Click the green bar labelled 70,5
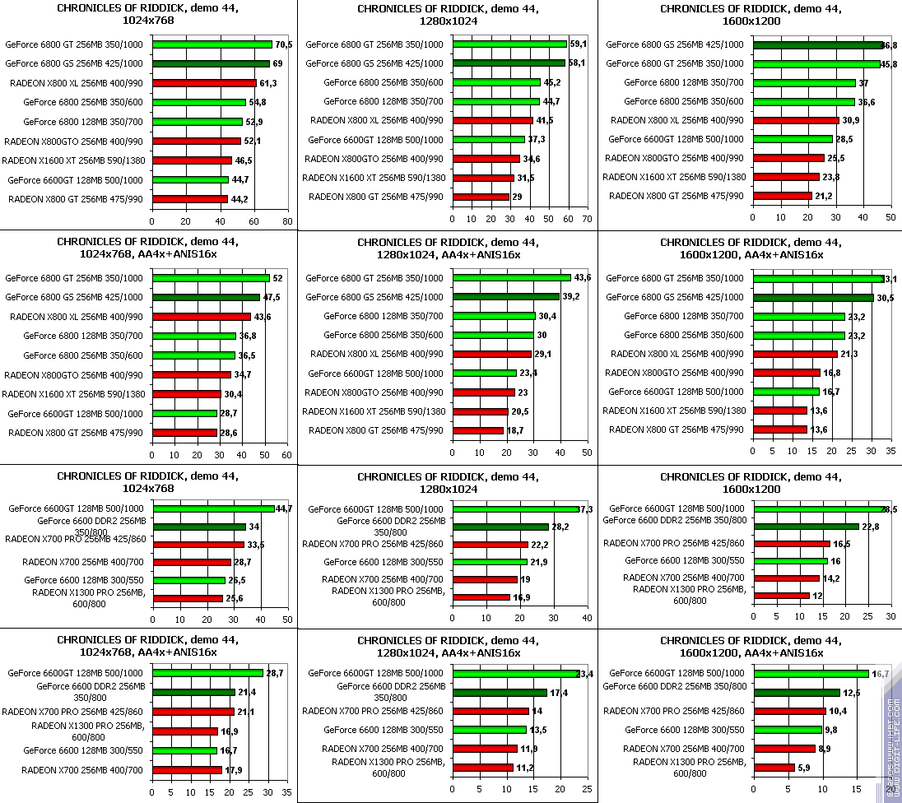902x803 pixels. pyautogui.click(x=212, y=44)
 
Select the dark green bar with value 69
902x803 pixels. pyautogui.click(x=211, y=63)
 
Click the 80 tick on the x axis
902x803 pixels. pyautogui.click(x=287, y=220)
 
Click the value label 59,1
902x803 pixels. pyautogui.click(x=579, y=44)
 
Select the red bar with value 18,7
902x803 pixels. pyautogui.click(x=478, y=430)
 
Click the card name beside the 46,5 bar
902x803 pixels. pyautogui.click(x=74, y=160)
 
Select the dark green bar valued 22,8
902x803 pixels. pyautogui.click(x=807, y=527)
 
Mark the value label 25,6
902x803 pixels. pyautogui.click(x=235, y=599)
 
